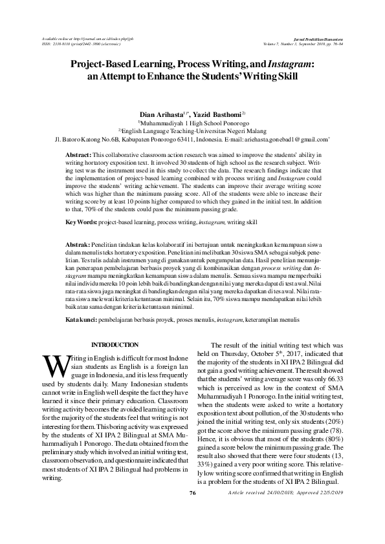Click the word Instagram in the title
(289, 65)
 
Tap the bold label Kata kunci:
(83, 319)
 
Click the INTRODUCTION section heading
(114, 346)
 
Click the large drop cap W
(52, 366)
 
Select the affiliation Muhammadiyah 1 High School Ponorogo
(192, 121)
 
